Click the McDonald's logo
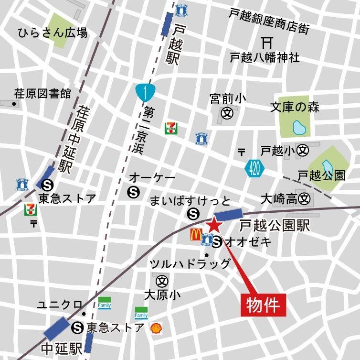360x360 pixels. click(195, 234)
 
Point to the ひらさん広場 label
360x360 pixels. click(53, 33)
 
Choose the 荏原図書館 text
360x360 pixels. click(42, 93)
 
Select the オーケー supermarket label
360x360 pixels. click(152, 178)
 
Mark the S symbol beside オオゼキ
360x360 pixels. click(217, 242)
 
